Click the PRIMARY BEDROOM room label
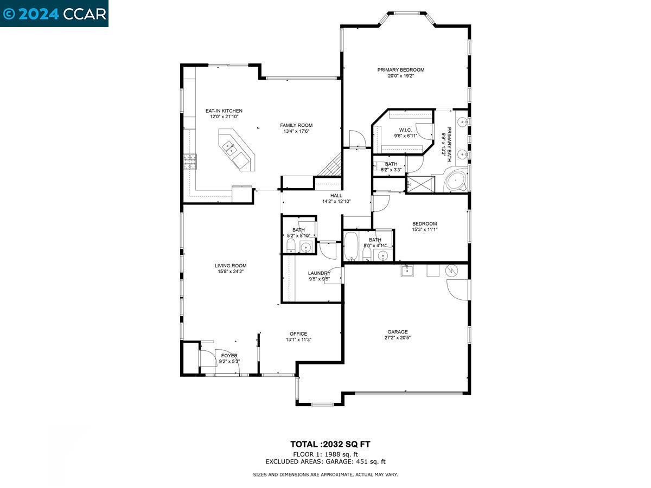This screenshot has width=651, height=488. [401, 69]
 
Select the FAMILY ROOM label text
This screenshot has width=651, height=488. [296, 125]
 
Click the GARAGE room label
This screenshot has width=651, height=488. [397, 332]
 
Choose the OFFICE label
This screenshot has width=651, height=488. [298, 333]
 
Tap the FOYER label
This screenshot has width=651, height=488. [229, 356]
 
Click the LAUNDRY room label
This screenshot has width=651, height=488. [319, 273]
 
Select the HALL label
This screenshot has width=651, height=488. [336, 195]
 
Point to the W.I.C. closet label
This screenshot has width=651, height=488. [405, 130]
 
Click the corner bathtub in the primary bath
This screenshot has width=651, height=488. [455, 181]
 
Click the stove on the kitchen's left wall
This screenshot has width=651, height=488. [190, 161]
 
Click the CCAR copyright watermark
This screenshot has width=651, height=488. [54, 14]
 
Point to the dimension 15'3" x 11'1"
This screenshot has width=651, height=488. [424, 229]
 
